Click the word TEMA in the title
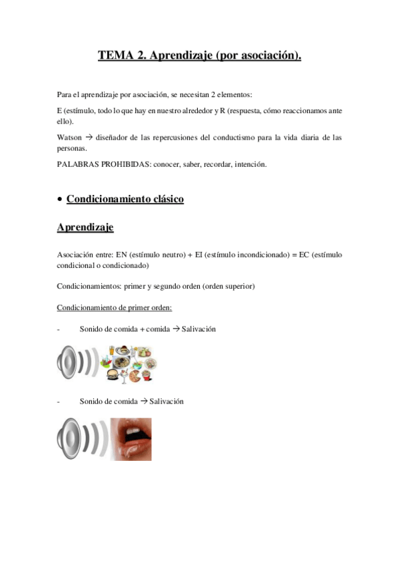coord(114,57)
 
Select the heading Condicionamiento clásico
coord(125,199)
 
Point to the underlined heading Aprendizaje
coord(85,227)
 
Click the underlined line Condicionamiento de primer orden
coord(115,309)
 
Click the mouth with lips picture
coord(131,439)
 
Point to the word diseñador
coord(117,138)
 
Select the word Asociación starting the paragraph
coord(76,254)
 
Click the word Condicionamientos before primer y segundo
coord(89,286)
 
